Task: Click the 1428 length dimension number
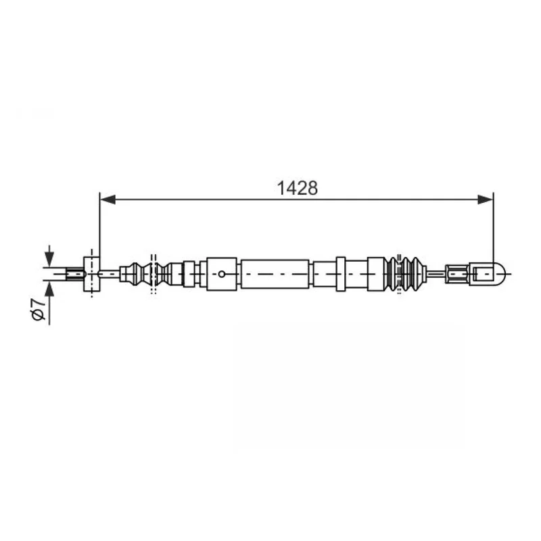(297, 189)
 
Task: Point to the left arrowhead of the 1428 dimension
(108, 199)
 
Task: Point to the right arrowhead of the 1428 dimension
(486, 199)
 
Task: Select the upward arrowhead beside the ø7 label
(49, 289)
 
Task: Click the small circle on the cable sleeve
(222, 275)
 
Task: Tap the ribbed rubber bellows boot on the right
(406, 274)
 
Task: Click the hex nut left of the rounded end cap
(457, 274)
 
